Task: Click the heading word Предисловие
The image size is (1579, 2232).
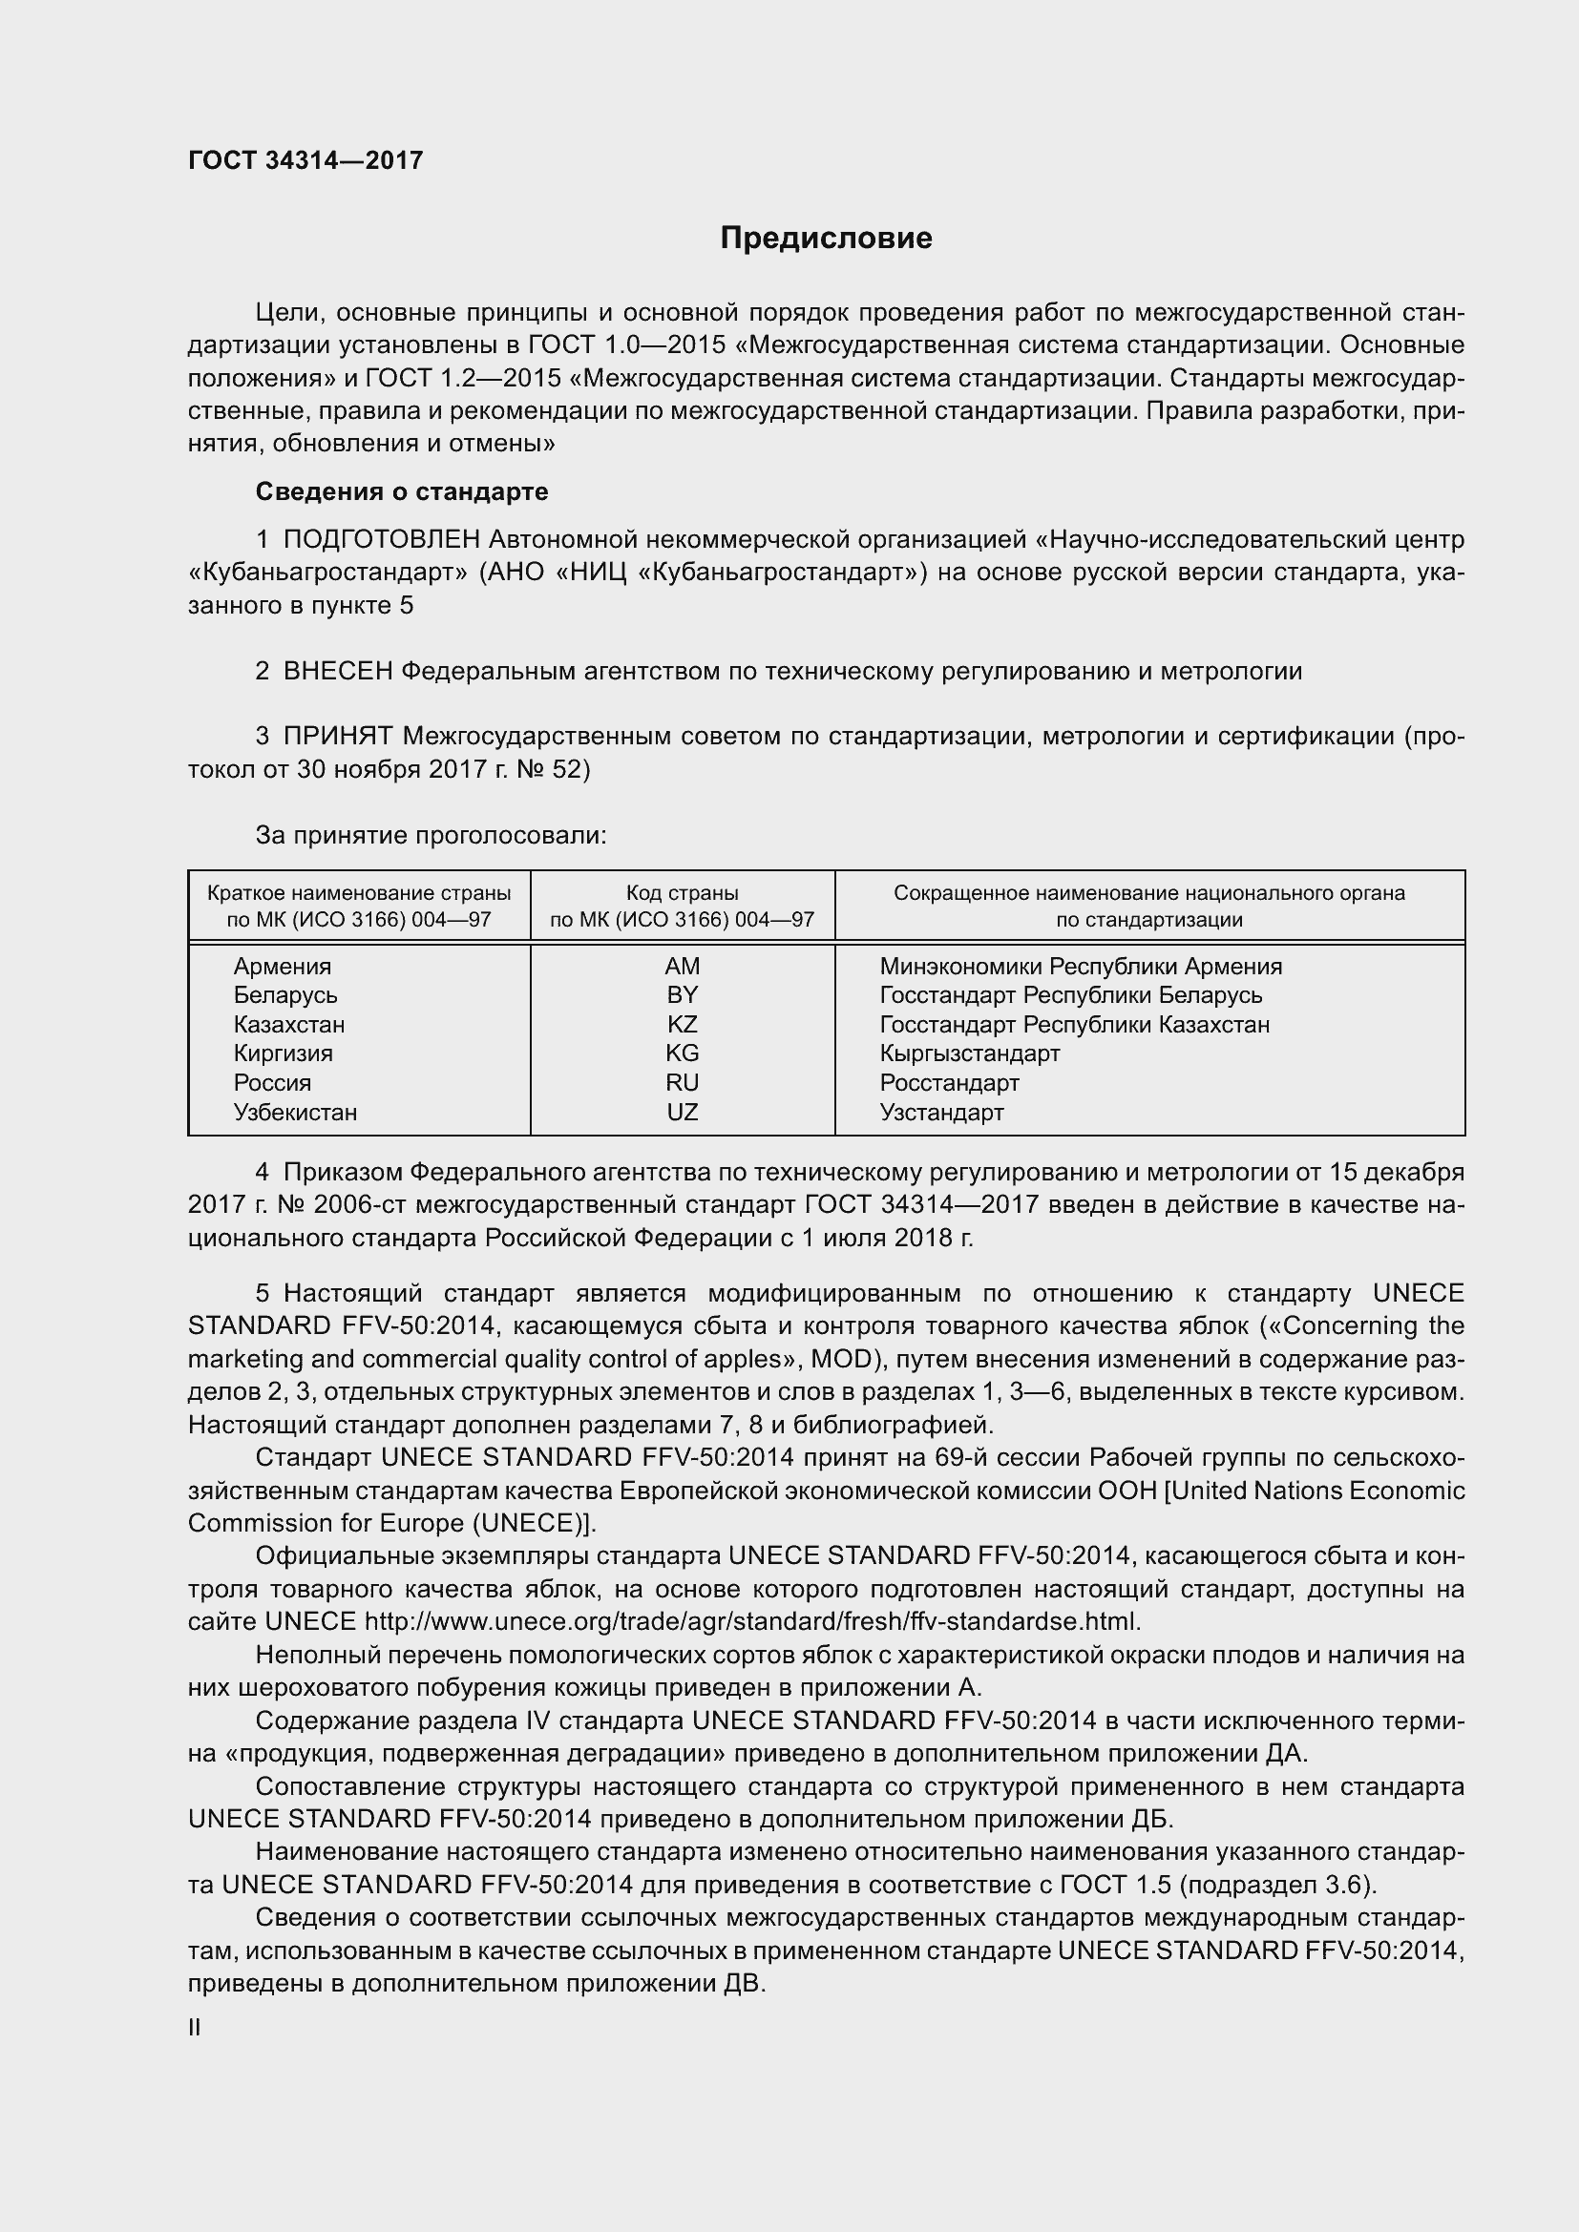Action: point(826,239)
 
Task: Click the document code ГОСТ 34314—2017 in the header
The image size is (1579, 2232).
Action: point(305,160)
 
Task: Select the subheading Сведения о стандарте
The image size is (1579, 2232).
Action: point(402,491)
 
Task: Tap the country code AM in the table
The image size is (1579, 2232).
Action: point(682,967)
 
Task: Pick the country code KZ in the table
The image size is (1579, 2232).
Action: point(682,1025)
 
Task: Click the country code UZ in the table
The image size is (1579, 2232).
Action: point(682,1112)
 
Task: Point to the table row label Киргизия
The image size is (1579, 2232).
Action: point(283,1053)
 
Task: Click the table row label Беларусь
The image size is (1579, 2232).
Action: point(284,995)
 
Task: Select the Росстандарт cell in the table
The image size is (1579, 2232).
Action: point(949,1083)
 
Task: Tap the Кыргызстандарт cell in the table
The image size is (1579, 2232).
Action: point(969,1053)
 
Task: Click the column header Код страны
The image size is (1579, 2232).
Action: point(682,892)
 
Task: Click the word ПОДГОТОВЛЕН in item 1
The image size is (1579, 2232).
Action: point(381,539)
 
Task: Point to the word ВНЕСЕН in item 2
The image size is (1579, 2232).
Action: point(337,672)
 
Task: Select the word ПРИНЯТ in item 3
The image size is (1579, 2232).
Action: point(337,737)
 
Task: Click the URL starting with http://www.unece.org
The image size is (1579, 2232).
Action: point(751,1622)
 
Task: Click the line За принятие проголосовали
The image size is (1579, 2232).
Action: point(431,836)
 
